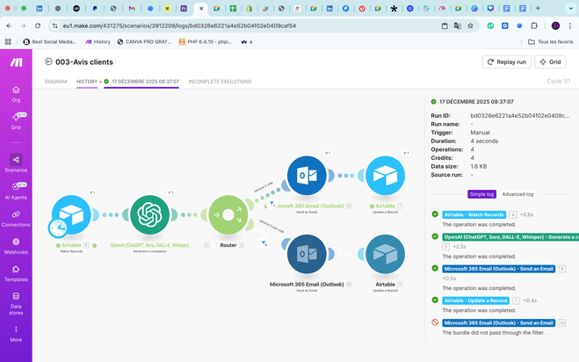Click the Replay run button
click(506, 62)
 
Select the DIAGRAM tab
click(55, 82)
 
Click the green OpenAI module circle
click(149, 214)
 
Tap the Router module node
click(228, 214)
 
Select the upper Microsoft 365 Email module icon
click(307, 176)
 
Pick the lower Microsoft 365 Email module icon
click(307, 254)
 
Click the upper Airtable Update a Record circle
click(385, 176)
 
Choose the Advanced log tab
click(517, 194)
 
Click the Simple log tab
click(482, 194)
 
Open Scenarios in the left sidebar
click(16, 163)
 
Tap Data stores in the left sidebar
click(16, 303)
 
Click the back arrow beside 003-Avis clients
click(48, 62)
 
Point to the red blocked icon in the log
click(436, 322)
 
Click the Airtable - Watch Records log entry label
click(474, 214)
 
